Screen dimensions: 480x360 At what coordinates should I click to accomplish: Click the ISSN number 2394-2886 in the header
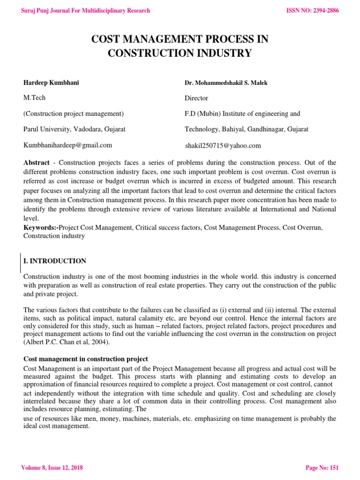tap(312, 10)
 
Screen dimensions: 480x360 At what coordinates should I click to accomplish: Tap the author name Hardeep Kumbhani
tap(51, 82)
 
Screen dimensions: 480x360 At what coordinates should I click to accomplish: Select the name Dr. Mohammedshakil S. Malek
tap(226, 83)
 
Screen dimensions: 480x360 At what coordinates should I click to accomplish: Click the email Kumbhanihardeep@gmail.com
tap(68, 145)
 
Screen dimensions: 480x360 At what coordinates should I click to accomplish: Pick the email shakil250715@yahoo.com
tap(223, 145)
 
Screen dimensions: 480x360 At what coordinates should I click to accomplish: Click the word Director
tap(196, 98)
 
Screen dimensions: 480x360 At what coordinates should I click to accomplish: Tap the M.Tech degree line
tap(35, 97)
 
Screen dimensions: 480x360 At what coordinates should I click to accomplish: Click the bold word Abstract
tap(37, 163)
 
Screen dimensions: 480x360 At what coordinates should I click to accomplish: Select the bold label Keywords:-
tap(41, 227)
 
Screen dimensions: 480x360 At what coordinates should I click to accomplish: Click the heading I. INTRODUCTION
tap(55, 261)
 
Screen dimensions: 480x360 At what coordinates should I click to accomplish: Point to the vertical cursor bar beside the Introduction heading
tap(20, 262)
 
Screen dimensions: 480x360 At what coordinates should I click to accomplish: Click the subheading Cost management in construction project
tap(86, 359)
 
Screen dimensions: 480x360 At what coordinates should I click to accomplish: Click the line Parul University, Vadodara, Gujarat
tap(75, 129)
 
